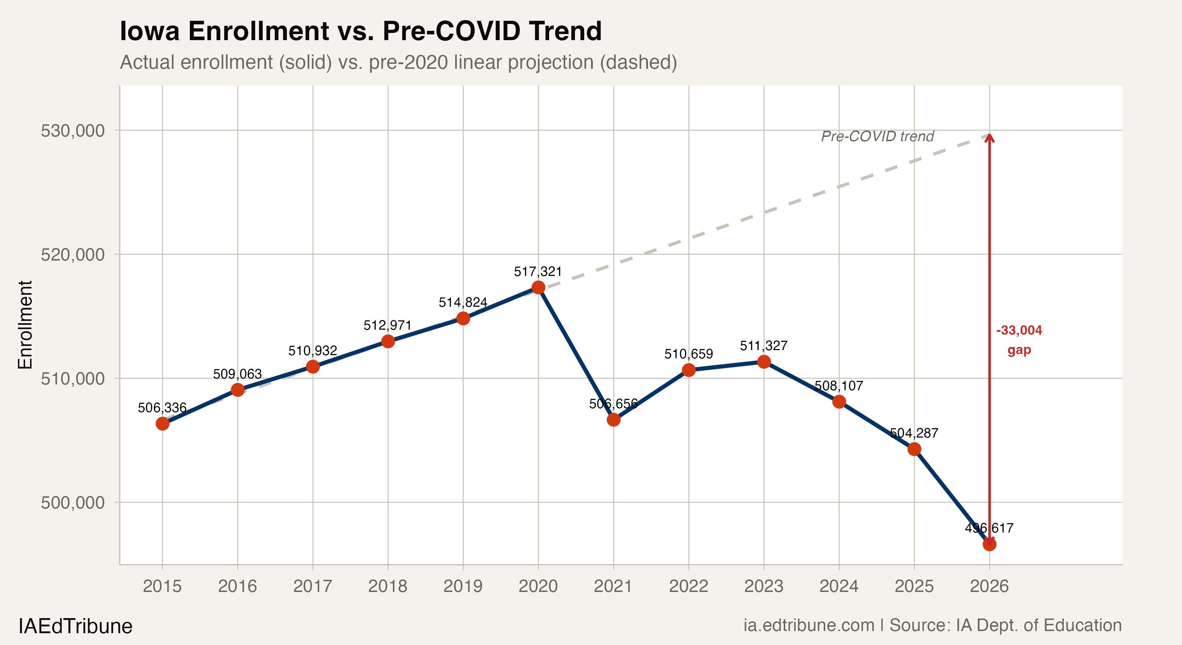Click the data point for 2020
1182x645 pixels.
click(x=538, y=287)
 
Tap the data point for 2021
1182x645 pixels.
click(x=614, y=420)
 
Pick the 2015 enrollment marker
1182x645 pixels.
click(x=162, y=423)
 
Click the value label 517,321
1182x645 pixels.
click(x=538, y=272)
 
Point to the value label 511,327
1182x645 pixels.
click(x=764, y=346)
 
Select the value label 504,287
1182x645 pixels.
click(x=914, y=433)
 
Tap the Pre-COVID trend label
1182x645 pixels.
click(x=877, y=136)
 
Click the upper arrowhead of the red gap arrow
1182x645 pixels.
click(x=989, y=138)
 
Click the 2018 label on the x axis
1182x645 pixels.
click(x=388, y=586)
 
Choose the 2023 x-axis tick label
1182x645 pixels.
click(x=764, y=586)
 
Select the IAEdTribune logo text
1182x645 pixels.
click(x=75, y=626)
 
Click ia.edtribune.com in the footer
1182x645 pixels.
click(x=809, y=625)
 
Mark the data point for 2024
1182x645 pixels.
click(x=839, y=402)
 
